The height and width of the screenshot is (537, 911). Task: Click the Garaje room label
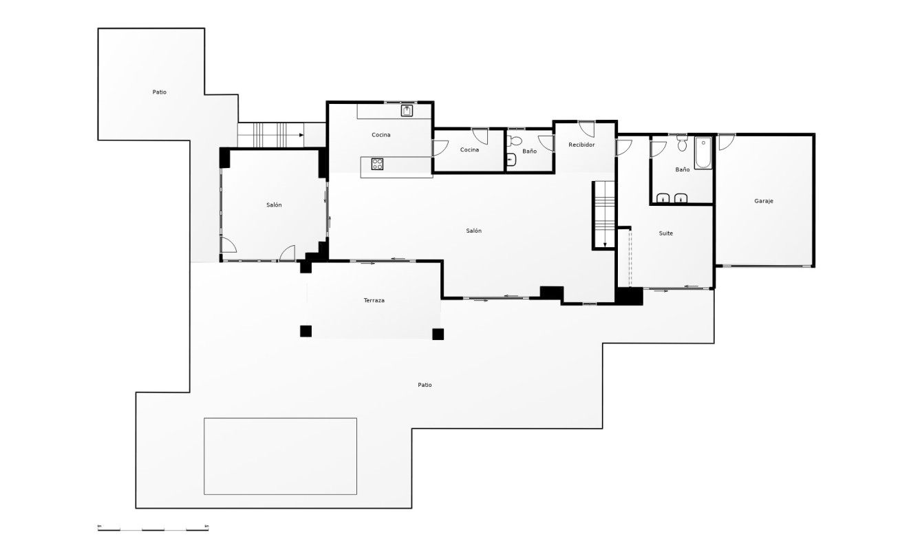764,201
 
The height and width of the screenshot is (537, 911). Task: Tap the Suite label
665,233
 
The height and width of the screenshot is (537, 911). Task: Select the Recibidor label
581,145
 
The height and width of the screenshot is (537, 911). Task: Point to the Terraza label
374,300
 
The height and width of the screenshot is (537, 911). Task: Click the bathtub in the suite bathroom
703,154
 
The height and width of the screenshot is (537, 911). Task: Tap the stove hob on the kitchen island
377,164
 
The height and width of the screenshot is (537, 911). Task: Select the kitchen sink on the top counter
407,110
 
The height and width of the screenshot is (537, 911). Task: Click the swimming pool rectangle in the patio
280,456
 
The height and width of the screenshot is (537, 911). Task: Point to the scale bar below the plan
153,528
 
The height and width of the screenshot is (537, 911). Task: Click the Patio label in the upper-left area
159,92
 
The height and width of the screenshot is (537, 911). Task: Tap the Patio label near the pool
425,385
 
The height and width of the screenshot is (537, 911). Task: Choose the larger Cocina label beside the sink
381,135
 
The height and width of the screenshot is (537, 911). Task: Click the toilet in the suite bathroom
682,145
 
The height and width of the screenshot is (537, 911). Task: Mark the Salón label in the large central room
473,231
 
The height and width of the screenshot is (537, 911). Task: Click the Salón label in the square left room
274,204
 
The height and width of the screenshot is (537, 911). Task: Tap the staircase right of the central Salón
604,214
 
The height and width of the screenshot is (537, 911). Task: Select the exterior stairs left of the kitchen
270,135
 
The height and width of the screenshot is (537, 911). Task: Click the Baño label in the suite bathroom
682,169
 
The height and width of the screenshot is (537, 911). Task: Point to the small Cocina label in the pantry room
469,150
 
